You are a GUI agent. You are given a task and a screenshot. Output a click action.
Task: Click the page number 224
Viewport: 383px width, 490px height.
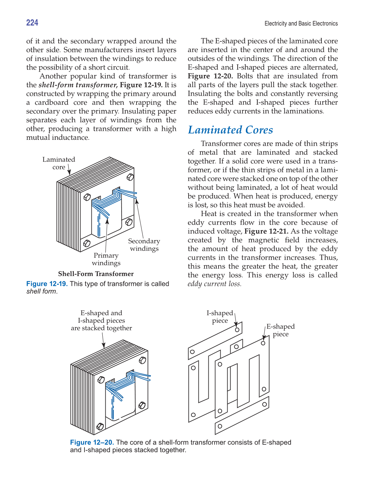tap(32, 23)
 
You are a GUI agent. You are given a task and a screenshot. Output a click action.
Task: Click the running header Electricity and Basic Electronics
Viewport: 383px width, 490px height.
tap(301, 24)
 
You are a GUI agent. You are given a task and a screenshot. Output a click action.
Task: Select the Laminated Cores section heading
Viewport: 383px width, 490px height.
tap(230, 130)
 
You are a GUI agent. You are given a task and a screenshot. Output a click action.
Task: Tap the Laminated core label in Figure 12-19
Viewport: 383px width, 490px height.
tap(59, 163)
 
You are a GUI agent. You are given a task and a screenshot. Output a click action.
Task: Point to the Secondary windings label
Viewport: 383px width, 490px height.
tap(144, 245)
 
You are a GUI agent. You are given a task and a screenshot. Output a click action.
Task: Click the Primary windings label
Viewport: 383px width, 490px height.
tap(106, 259)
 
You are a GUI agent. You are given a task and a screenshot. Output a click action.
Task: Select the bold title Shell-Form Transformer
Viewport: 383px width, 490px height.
tap(96, 274)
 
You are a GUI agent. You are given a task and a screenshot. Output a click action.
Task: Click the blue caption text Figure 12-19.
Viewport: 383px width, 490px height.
tap(47, 284)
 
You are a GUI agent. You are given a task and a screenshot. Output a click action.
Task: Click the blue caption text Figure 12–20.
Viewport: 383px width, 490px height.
tap(92, 442)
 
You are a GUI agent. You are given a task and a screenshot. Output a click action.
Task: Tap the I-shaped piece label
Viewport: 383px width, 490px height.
tap(220, 317)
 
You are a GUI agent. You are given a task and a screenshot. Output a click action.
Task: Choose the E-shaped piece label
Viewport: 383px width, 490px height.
tap(280, 330)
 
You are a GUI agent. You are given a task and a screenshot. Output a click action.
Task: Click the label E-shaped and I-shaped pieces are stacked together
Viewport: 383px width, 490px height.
tap(101, 320)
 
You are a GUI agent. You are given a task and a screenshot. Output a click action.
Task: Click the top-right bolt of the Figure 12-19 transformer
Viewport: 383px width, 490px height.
tap(130, 177)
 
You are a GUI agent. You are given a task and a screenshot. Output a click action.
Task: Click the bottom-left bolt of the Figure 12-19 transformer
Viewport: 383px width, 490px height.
tap(86, 243)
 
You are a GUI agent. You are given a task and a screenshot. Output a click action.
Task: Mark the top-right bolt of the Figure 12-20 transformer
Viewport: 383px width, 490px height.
tap(142, 360)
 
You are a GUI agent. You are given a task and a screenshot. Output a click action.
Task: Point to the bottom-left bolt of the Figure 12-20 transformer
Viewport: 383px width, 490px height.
tap(100, 426)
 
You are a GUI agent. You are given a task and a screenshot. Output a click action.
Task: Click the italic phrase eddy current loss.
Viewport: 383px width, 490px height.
tap(214, 284)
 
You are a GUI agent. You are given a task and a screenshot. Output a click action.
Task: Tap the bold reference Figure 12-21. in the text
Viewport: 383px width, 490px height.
tap(266, 231)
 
